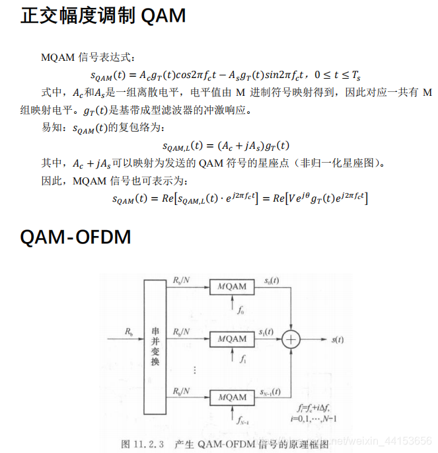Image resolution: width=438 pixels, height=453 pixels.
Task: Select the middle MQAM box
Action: click(x=231, y=339)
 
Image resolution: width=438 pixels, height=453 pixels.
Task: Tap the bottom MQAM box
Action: click(x=231, y=397)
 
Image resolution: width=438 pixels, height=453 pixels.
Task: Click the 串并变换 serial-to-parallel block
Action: click(x=155, y=349)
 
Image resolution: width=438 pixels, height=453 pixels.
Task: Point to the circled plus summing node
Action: click(x=291, y=340)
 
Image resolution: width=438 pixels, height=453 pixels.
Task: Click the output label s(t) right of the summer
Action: click(x=337, y=340)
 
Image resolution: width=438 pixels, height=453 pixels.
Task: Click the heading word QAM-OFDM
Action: click(x=75, y=236)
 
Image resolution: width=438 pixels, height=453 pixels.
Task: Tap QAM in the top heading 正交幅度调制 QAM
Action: click(x=163, y=16)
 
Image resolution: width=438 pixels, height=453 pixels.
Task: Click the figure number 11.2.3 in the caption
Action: click(x=153, y=443)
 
